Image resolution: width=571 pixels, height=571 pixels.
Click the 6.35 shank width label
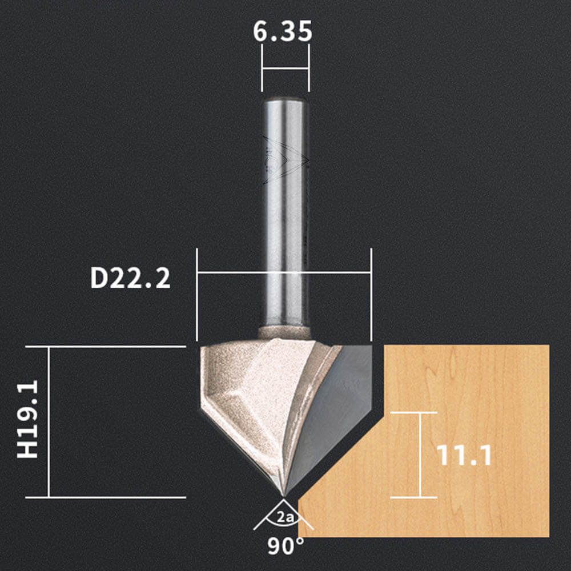tap(283, 31)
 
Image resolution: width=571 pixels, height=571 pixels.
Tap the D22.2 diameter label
tap(130, 278)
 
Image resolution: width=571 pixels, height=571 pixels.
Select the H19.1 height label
tap(27, 419)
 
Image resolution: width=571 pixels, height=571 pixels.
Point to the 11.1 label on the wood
tap(464, 455)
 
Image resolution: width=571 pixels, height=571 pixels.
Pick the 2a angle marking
tap(285, 517)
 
